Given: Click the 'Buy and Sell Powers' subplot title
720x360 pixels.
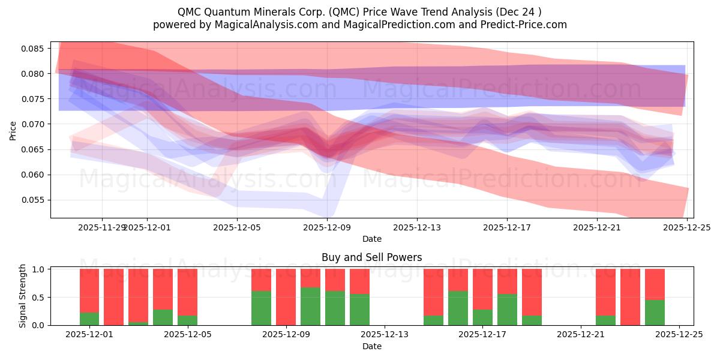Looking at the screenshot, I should point(371,257).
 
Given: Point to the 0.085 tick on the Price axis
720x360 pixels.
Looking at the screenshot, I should point(34,49).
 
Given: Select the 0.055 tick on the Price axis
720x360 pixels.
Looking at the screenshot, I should point(34,200).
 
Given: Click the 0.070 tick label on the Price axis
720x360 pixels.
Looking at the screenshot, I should point(34,124).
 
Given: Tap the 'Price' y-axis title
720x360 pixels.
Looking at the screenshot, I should point(13,130).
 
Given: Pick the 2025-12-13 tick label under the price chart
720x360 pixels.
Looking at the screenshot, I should point(417,227).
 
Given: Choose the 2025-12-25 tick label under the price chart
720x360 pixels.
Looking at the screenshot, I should point(687,227).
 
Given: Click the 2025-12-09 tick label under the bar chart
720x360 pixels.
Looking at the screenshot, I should point(286,334).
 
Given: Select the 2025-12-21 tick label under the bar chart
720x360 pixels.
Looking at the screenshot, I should point(581,334).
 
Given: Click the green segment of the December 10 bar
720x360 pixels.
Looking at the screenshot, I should point(310,307).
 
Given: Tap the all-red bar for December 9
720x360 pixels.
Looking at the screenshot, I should point(286,297).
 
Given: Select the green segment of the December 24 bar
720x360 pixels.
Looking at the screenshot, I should point(655,313).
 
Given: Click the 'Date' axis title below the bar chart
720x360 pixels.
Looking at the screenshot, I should point(371,346).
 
